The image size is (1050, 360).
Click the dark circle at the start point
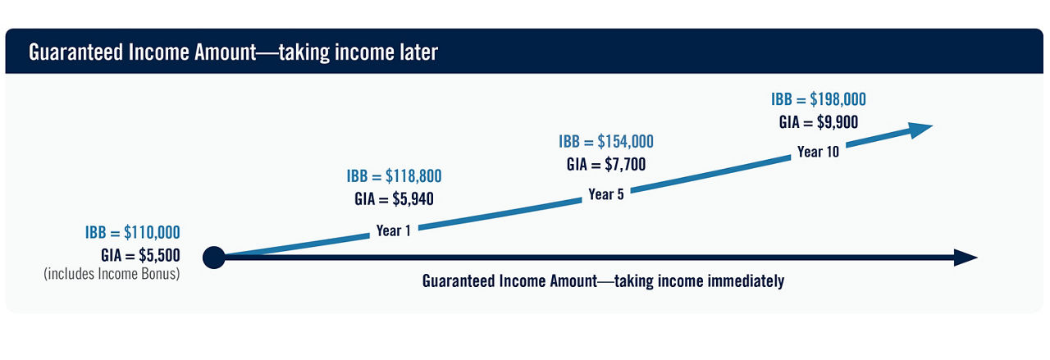point(213,257)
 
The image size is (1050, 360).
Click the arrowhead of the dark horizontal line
point(966,258)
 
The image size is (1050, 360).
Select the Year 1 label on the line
point(394,230)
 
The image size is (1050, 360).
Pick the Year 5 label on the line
point(606,194)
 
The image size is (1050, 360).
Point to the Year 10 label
point(818,152)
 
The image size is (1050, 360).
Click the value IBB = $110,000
point(132,232)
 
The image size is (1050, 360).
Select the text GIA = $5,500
point(140,254)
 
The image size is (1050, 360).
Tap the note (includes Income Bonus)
point(112,275)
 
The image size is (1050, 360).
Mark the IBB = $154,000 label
point(606,142)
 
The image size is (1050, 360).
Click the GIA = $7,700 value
point(606,164)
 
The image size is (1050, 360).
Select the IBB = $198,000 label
point(818,99)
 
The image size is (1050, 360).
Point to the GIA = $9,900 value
point(818,121)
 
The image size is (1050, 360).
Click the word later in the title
point(414,52)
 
